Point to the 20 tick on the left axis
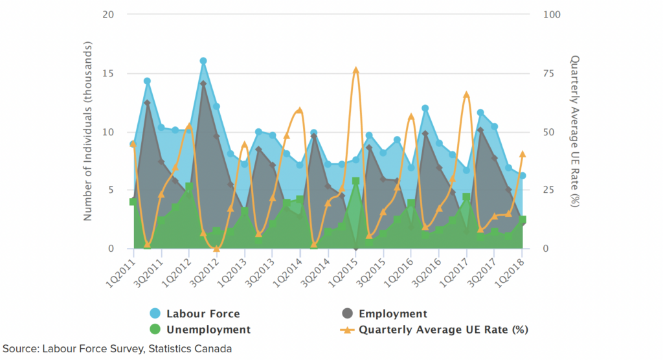coord(109,14)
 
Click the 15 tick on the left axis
coord(109,73)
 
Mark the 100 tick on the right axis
coord(541,14)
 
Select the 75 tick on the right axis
coord(539,73)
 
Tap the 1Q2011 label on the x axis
coord(123,269)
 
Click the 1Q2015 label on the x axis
coord(346,269)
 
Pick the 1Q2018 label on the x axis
coord(513,269)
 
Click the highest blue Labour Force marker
coord(203,61)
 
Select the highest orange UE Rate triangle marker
coord(355,70)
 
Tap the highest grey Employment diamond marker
coord(203,84)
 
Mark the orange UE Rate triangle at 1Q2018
coord(523,154)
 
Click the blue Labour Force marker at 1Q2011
coord(133,144)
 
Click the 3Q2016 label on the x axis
coord(429,269)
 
